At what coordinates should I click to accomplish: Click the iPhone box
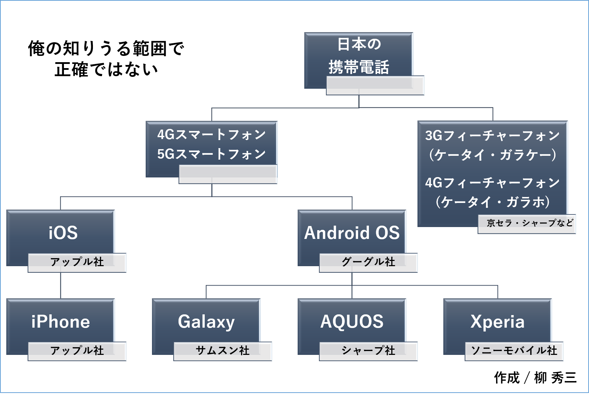coord(60,321)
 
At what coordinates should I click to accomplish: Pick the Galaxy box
coord(206,321)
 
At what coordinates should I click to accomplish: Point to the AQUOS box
coord(352,321)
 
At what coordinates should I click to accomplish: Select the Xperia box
coord(497,321)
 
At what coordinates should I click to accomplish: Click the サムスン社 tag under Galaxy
coord(223,351)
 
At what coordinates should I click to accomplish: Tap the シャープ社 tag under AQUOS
coord(369,351)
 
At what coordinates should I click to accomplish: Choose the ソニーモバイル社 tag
coord(514,351)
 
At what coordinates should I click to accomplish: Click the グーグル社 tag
coord(369,263)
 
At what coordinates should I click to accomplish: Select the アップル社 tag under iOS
coord(77,263)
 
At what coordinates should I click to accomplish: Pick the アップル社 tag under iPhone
coord(77,351)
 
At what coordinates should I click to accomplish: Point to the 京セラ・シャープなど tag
coord(527,224)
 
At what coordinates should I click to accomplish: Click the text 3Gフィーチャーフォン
coord(492,136)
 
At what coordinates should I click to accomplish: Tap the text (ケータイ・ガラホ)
coord(493,202)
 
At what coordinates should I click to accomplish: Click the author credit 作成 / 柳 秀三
coord(535,378)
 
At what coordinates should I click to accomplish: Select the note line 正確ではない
coord(106,70)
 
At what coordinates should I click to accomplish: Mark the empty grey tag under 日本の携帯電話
coord(375,86)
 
